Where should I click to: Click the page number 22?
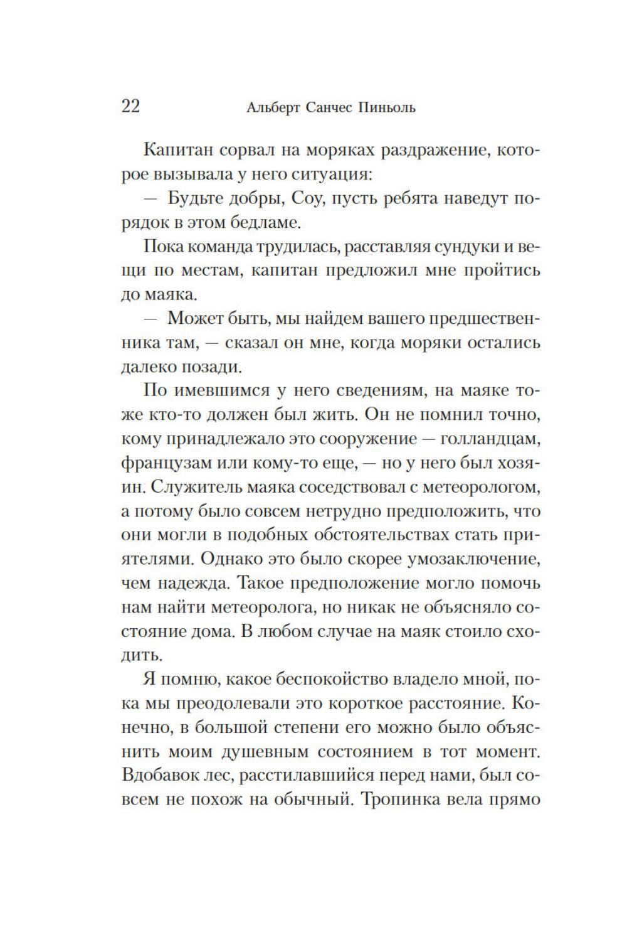(130, 106)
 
